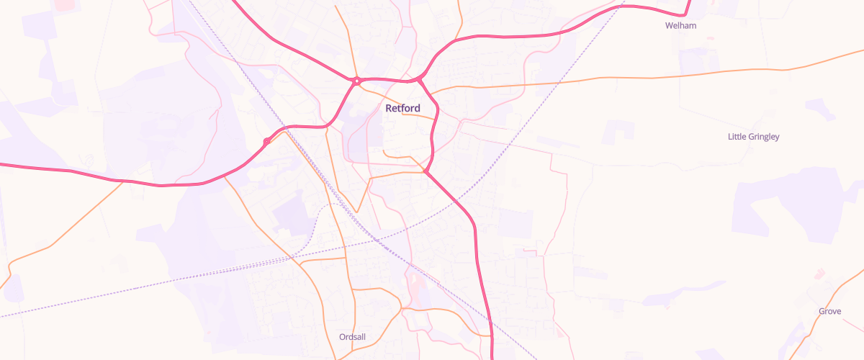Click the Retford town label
402,109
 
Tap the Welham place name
680,26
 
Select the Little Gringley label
753,137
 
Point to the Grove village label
829,312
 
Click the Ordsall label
352,337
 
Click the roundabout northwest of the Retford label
356,81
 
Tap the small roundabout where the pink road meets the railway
266,141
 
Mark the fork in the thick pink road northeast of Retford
419,78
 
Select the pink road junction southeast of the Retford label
427,171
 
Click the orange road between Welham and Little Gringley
720,73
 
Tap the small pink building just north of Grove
819,274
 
